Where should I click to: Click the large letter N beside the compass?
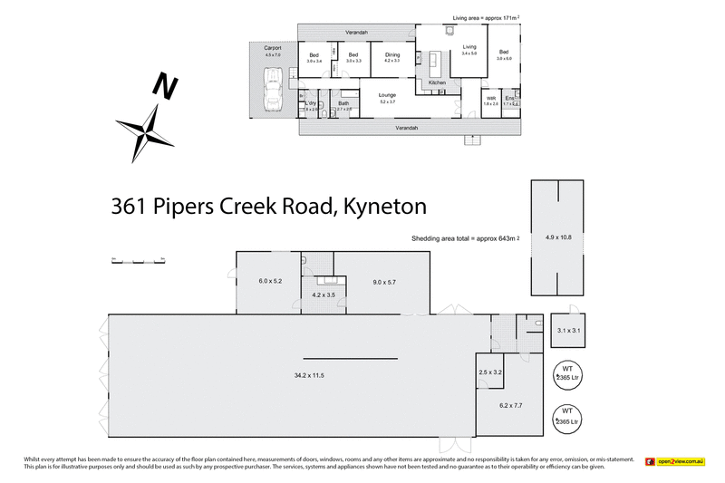[x=164, y=87]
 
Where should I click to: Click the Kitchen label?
[x=438, y=83]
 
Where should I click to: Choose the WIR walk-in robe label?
[x=491, y=100]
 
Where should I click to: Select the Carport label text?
[x=273, y=49]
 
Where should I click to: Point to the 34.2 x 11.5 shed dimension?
[x=309, y=374]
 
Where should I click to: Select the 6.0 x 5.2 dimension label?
[x=270, y=281]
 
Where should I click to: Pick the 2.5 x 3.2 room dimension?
[x=490, y=372]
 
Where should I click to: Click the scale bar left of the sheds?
[x=137, y=260]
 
